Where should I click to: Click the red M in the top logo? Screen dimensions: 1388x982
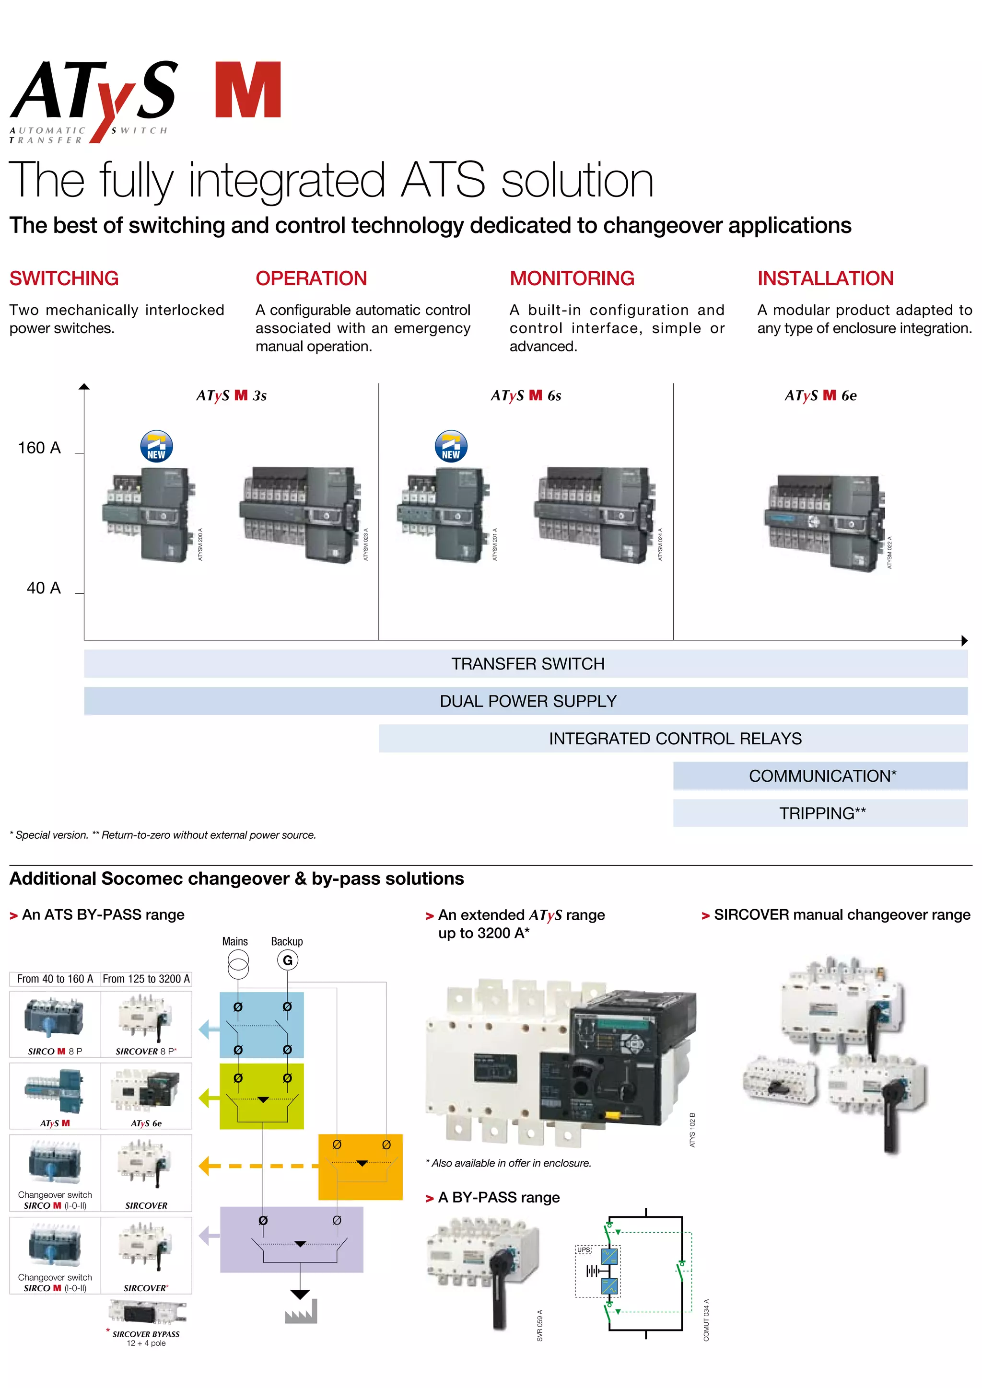(248, 90)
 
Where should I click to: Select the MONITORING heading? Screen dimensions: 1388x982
(572, 278)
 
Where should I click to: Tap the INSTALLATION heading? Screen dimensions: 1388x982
(825, 278)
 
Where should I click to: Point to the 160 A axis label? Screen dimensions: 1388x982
(39, 448)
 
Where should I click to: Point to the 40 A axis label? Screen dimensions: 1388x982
(44, 588)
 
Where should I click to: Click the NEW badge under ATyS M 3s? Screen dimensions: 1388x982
(157, 447)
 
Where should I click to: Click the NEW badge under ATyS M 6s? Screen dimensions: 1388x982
(451, 447)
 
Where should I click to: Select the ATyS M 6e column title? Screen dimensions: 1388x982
(820, 395)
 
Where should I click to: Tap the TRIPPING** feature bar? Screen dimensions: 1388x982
(820, 813)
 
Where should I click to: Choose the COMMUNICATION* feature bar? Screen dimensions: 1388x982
(820, 775)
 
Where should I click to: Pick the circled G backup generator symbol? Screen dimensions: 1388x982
(288, 960)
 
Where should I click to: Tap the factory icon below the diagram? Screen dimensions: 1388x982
(301, 1312)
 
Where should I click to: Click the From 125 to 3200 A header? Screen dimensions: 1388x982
(146, 979)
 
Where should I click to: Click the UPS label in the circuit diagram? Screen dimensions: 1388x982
(584, 1249)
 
